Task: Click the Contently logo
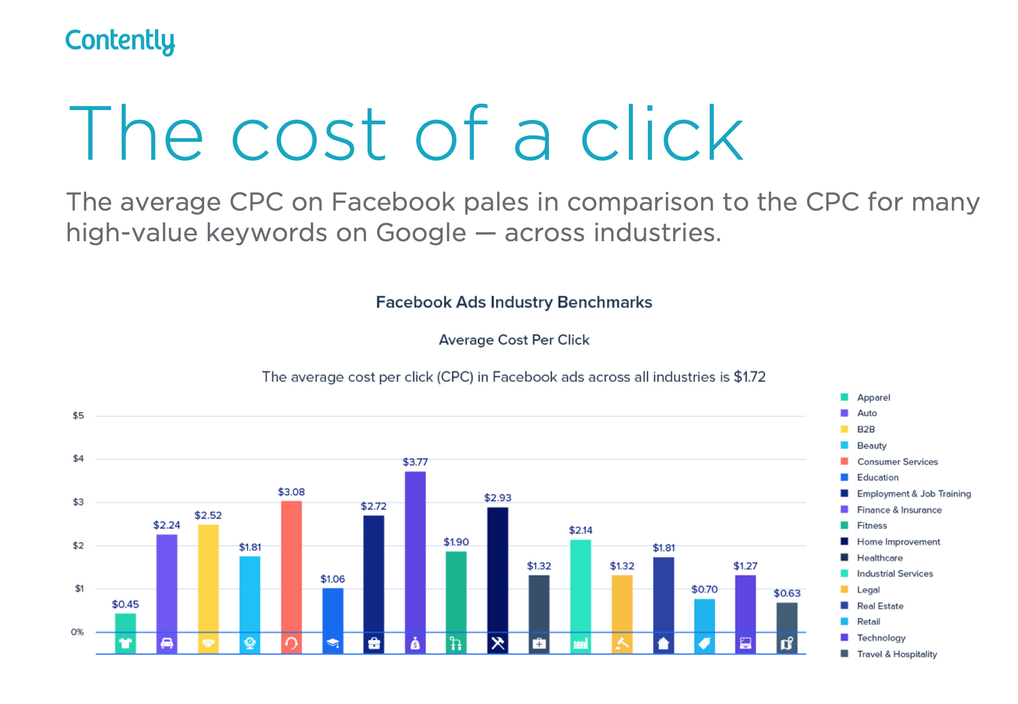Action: click(x=120, y=41)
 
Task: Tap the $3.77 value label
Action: click(x=415, y=462)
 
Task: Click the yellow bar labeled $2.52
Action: click(x=208, y=577)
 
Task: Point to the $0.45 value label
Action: click(x=125, y=604)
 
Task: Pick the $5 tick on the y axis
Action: click(x=78, y=416)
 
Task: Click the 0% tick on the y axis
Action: click(x=77, y=632)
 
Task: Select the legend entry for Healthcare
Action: click(x=879, y=557)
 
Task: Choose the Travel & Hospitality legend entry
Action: click(x=896, y=654)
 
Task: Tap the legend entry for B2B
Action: click(x=866, y=429)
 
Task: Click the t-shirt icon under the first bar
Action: click(x=125, y=643)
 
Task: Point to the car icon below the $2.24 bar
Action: click(x=167, y=643)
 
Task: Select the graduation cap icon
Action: click(x=333, y=643)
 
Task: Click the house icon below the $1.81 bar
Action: click(x=663, y=643)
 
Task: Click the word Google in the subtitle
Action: click(x=421, y=233)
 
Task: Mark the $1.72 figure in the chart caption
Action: click(x=749, y=377)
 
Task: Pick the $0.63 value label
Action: click(x=787, y=593)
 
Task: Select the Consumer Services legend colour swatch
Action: click(x=845, y=461)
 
